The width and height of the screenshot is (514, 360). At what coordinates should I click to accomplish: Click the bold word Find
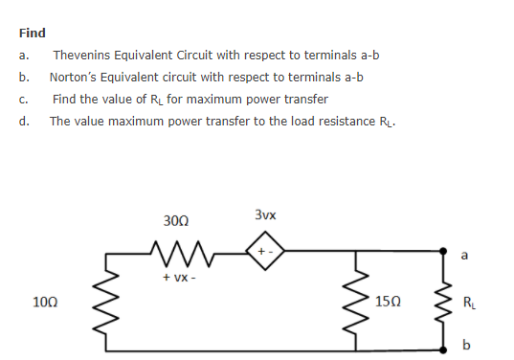[x=33, y=33]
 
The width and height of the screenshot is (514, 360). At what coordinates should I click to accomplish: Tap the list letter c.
[x=24, y=100]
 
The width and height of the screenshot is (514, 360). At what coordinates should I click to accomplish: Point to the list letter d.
[x=24, y=122]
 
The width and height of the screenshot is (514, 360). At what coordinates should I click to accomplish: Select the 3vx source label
[x=267, y=215]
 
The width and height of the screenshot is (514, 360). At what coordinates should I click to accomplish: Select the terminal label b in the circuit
[x=466, y=346]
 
